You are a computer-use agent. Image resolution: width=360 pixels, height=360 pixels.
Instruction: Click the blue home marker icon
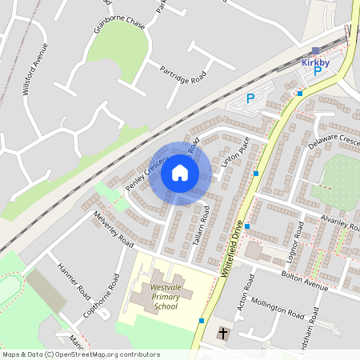pyautogui.click(x=179, y=172)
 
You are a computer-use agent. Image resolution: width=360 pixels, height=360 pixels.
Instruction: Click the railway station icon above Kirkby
pyautogui.click(x=315, y=50)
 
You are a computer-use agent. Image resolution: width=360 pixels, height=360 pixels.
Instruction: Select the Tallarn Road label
pyautogui.click(x=200, y=224)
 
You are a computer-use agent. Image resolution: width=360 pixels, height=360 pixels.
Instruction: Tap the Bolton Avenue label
pyautogui.click(x=305, y=280)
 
